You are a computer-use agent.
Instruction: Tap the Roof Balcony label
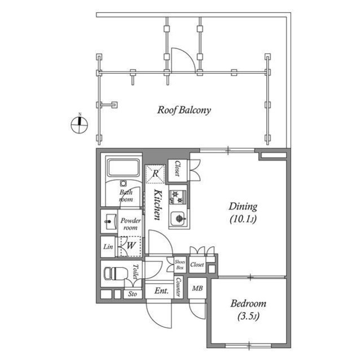[x=183, y=110]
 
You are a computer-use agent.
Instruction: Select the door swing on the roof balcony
[x=182, y=60]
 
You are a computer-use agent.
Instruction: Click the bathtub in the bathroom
[x=124, y=169]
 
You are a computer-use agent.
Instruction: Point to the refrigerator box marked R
[x=155, y=174]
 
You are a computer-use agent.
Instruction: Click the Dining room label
[x=243, y=206]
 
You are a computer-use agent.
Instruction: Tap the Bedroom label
[x=248, y=304]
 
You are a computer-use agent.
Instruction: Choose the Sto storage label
[x=132, y=294]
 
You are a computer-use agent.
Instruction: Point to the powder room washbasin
[x=109, y=221]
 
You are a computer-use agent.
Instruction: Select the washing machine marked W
[x=130, y=246]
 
